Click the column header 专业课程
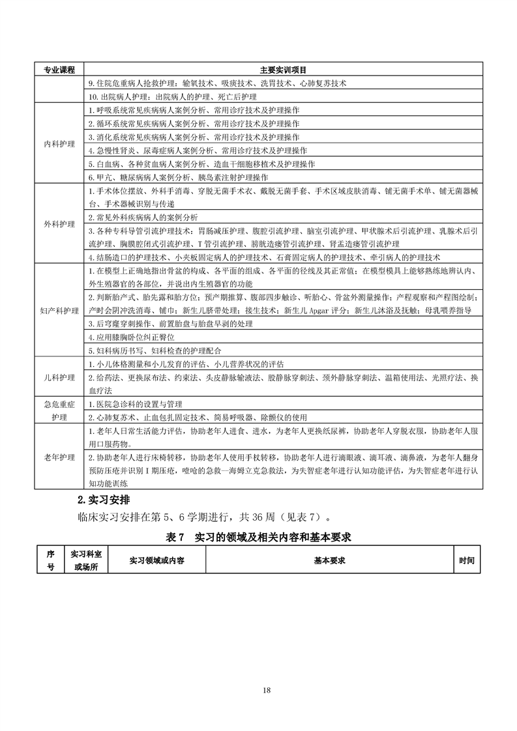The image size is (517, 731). [x=59, y=70]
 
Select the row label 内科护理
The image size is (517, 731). [x=59, y=143]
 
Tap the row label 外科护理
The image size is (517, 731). [x=59, y=224]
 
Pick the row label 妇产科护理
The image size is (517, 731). [x=59, y=311]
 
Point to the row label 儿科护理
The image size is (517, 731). [x=59, y=379]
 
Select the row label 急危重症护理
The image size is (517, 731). [x=59, y=411]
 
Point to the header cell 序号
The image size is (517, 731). [x=50, y=560]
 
